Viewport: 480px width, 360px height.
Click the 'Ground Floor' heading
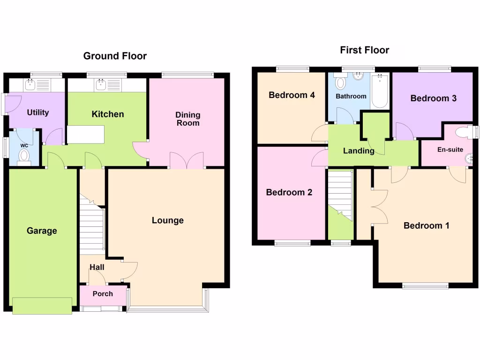click(x=115, y=56)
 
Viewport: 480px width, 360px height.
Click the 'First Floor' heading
click(x=365, y=50)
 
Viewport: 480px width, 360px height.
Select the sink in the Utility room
click(x=30, y=84)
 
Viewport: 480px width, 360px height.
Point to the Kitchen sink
click(x=100, y=84)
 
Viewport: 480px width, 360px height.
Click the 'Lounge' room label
click(x=167, y=220)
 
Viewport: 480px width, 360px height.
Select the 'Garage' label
click(x=42, y=231)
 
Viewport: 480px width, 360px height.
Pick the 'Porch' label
click(x=103, y=294)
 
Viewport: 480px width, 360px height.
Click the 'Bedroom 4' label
click(x=292, y=95)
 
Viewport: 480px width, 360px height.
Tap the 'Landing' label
click(x=359, y=151)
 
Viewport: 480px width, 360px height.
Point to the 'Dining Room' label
click(x=188, y=119)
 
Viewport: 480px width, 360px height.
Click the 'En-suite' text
click(x=450, y=150)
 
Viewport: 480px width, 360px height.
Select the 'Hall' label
click(x=97, y=267)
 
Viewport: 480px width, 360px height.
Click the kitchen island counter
click(x=85, y=135)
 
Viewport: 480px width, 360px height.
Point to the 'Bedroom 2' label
click(x=289, y=192)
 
